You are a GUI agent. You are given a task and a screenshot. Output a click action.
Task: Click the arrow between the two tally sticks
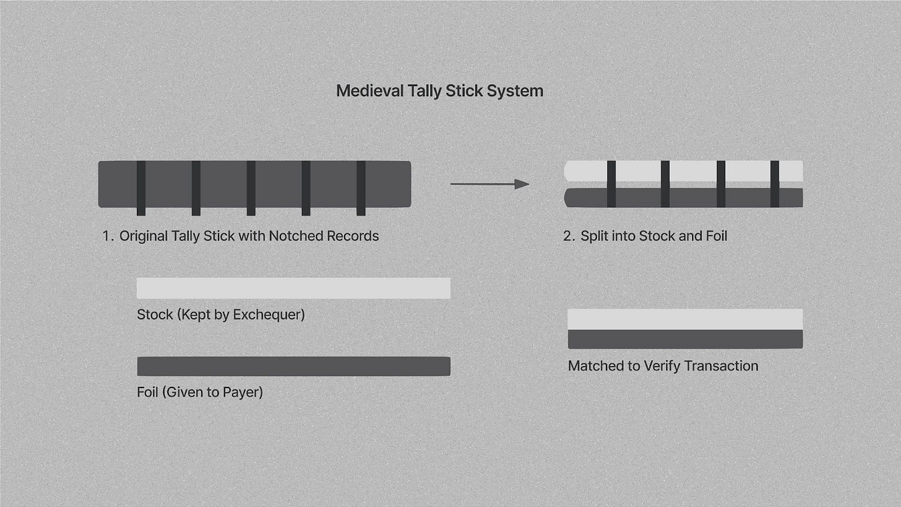coord(489,184)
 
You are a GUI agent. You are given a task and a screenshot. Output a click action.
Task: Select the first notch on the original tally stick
coord(141,188)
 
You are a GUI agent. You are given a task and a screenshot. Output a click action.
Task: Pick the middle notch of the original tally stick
coord(251,188)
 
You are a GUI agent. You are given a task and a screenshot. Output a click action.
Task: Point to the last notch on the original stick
coord(361,188)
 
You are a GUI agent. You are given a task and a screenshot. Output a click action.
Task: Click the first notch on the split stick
coord(611,184)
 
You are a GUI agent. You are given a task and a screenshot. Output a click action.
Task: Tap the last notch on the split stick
coord(774,184)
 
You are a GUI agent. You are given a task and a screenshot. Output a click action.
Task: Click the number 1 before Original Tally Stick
coord(106,236)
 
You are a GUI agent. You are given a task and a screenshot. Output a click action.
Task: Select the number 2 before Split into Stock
coord(569,236)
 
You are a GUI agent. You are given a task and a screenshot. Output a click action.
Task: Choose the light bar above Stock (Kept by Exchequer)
coord(293,288)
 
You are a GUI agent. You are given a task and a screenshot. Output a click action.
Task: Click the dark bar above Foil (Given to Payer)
coord(293,366)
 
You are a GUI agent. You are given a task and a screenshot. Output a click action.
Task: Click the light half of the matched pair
coord(685,319)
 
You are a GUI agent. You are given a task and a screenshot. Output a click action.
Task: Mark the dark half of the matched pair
coord(685,339)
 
